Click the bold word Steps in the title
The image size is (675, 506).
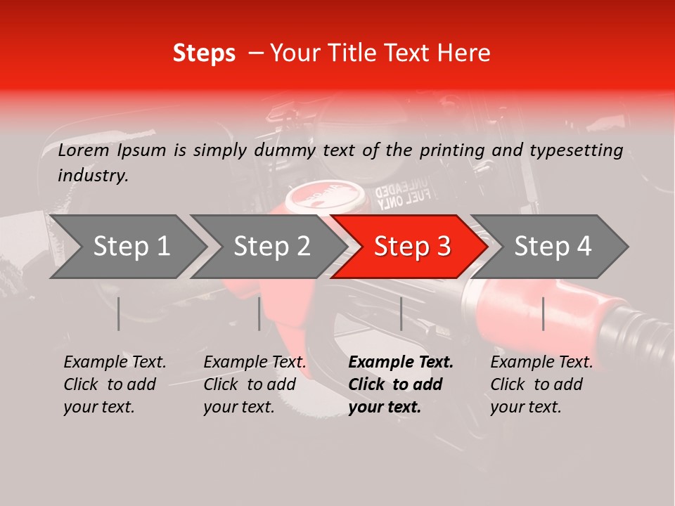coord(204,53)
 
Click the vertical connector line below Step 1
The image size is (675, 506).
coord(119,313)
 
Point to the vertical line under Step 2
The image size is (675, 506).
coord(259,313)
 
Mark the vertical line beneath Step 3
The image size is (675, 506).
coord(401,313)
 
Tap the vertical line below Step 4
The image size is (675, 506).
coord(544,313)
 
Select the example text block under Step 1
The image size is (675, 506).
coord(115,384)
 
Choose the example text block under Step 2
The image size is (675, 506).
coord(255,384)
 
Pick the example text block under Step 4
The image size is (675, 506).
coord(541,384)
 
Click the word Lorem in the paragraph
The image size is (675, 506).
coord(84,150)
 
